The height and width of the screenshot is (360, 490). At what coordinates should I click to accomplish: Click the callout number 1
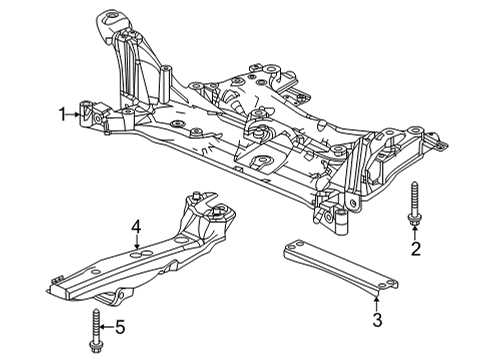pos(61,114)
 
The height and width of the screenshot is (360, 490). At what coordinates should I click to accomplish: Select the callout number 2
pos(415,250)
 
